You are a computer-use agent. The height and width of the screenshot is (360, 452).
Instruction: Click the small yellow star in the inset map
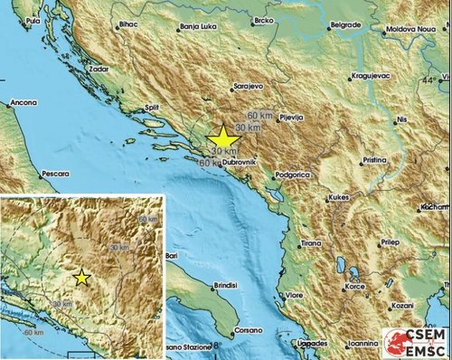(82, 279)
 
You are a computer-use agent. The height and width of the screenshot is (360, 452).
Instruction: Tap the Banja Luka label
(201, 28)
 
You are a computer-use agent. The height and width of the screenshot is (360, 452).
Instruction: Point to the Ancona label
(23, 105)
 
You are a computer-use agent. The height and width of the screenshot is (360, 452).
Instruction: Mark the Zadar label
(98, 69)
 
